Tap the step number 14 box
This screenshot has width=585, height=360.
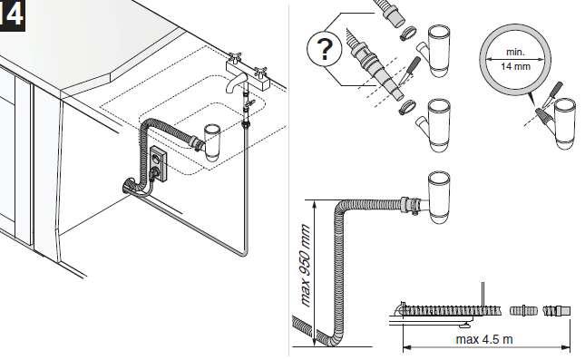[12, 15]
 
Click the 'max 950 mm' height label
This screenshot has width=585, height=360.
[306, 266]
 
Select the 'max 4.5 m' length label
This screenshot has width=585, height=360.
[484, 339]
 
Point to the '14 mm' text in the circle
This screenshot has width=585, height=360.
[515, 67]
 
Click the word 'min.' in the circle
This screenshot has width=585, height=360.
[515, 52]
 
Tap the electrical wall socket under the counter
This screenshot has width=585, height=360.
[159, 164]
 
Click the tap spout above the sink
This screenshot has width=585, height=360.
[234, 83]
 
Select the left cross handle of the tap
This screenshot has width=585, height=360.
[235, 58]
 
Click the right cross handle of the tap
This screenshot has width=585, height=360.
[260, 71]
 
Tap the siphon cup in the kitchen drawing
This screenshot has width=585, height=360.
[211, 143]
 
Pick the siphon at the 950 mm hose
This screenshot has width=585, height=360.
[437, 197]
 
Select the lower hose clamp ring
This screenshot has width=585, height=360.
[407, 108]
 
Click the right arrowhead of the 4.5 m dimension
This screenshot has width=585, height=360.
[566, 347]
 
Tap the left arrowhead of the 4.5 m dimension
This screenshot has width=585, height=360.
[407, 347]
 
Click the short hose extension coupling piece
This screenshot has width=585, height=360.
[523, 310]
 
